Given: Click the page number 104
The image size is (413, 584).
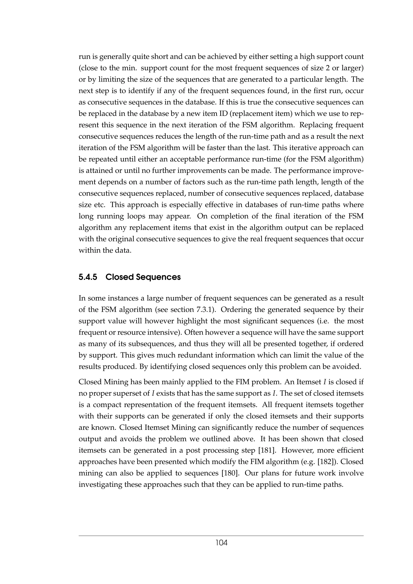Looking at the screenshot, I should pos(221,543).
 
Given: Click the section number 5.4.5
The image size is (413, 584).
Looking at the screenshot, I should pos(88,277).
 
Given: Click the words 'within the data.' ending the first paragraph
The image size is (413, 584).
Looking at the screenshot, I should pos(105,250).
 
